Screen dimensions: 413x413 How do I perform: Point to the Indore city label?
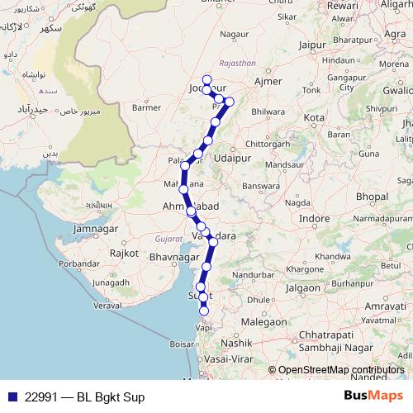(314, 219)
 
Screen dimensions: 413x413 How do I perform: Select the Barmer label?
(145, 107)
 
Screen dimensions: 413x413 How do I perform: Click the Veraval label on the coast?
(107, 305)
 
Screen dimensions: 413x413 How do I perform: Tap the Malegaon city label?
(264, 321)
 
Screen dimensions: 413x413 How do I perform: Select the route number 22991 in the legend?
(42, 396)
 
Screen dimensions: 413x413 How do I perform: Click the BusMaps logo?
(373, 396)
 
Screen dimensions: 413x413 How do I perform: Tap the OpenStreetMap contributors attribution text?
(335, 370)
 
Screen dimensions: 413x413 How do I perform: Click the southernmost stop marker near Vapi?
(204, 312)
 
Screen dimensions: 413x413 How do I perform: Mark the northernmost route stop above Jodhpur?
(207, 79)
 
